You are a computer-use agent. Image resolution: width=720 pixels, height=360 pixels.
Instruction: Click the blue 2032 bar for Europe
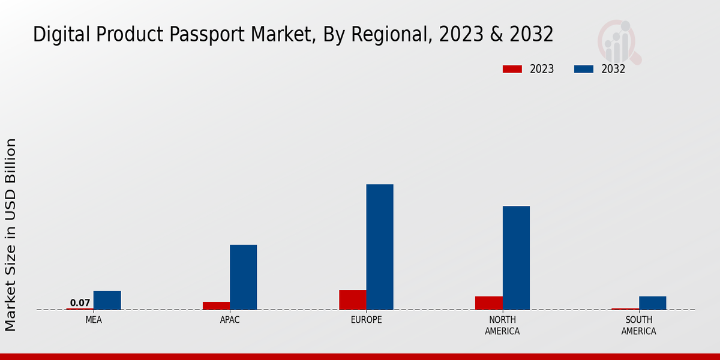(380, 247)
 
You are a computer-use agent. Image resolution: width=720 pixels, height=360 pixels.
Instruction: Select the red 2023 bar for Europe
(352, 299)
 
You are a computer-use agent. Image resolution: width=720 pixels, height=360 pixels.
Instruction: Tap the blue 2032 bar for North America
(516, 257)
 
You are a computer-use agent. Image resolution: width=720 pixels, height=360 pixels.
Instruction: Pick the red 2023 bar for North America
(488, 303)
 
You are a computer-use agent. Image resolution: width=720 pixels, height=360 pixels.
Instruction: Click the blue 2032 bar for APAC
(243, 277)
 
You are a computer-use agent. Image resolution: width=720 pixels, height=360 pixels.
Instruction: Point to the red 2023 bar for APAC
(216, 305)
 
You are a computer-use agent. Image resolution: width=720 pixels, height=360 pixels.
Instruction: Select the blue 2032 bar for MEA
(107, 300)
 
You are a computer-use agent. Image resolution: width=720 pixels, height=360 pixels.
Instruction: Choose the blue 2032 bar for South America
(652, 303)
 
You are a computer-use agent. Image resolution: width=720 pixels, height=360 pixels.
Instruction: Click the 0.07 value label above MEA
(80, 303)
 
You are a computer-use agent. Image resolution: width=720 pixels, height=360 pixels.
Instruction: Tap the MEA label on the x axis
(94, 320)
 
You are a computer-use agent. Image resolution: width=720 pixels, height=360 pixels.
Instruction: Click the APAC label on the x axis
(230, 320)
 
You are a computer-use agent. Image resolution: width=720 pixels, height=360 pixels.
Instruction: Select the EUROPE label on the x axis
(366, 320)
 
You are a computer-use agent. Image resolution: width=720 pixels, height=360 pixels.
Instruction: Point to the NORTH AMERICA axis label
(502, 325)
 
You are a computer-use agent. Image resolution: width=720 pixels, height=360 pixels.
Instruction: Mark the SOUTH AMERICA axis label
(638, 325)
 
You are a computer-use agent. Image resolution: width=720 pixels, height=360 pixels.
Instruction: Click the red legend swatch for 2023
(512, 69)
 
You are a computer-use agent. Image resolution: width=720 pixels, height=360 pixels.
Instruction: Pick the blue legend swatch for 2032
(583, 69)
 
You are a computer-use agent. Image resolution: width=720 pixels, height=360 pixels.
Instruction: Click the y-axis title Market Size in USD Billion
(11, 234)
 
